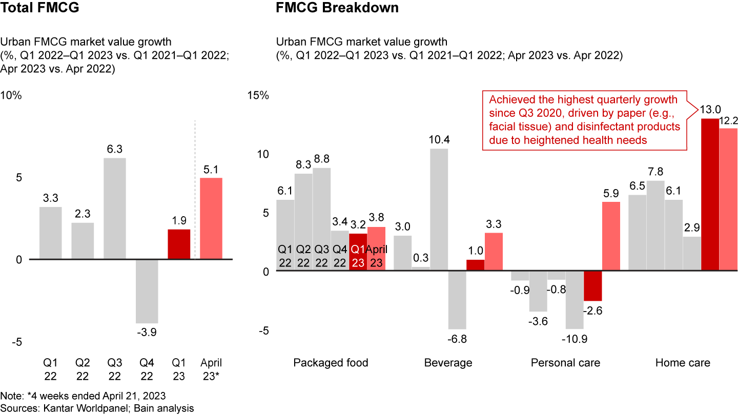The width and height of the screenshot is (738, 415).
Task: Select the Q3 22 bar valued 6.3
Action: pyautogui.click(x=115, y=209)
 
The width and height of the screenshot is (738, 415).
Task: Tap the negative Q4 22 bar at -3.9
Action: pyautogui.click(x=147, y=291)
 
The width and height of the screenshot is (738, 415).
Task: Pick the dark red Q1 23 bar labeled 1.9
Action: pyautogui.click(x=179, y=244)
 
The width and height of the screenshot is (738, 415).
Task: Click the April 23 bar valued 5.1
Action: pyautogui.click(x=211, y=219)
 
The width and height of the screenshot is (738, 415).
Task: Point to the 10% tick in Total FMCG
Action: pyautogui.click(x=11, y=96)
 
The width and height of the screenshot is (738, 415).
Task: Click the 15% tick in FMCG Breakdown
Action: pyautogui.click(x=258, y=96)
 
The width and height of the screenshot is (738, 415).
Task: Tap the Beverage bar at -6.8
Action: pyautogui.click(x=457, y=300)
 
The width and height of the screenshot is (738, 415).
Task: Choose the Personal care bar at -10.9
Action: pyautogui.click(x=575, y=300)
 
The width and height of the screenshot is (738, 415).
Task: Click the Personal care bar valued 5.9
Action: pyautogui.click(x=611, y=236)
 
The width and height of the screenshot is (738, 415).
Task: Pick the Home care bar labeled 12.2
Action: pyautogui.click(x=728, y=199)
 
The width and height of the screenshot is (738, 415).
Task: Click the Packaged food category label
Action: pyautogui.click(x=331, y=363)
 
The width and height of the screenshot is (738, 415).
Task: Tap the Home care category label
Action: pyautogui.click(x=683, y=363)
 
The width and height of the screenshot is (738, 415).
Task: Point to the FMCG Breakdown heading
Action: pyautogui.click(x=337, y=8)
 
